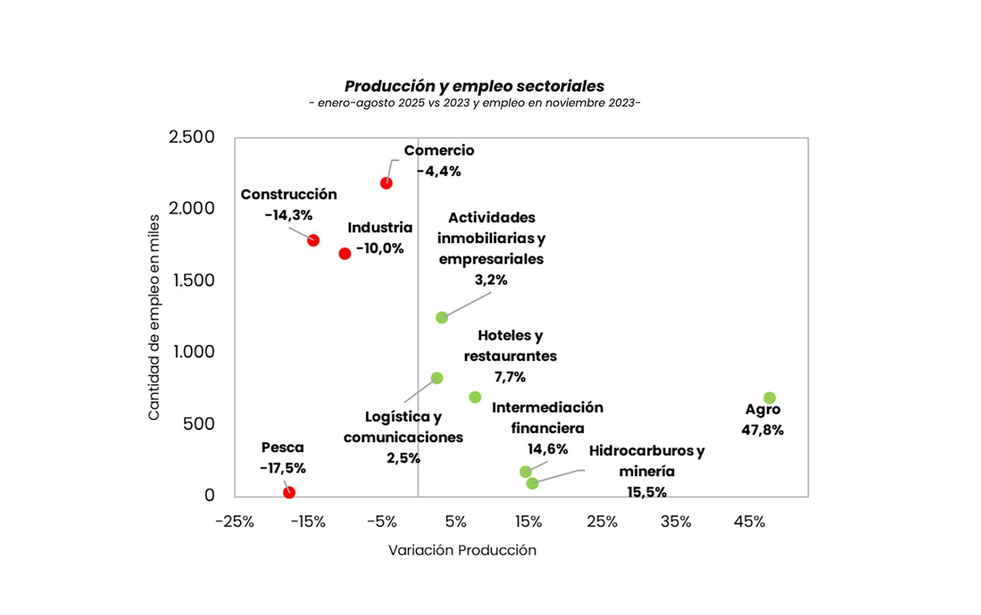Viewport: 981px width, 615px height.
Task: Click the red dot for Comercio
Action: click(x=386, y=183)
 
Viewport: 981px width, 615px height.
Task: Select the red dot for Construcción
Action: click(x=313, y=240)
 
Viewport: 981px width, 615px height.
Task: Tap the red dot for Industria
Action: click(x=345, y=253)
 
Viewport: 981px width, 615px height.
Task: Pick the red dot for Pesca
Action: click(x=289, y=492)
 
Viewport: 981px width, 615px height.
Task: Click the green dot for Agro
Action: click(x=769, y=398)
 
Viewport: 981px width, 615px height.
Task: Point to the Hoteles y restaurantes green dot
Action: click(x=475, y=397)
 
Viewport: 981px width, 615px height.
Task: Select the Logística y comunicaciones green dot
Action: click(x=437, y=378)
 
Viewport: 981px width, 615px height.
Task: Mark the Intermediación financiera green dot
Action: click(x=525, y=471)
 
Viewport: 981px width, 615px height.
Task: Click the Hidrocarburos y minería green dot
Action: click(x=532, y=483)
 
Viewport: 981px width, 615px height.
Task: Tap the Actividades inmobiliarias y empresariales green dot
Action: click(x=442, y=318)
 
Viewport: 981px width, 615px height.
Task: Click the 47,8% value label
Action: click(x=762, y=430)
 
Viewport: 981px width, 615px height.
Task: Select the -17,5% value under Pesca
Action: click(x=283, y=468)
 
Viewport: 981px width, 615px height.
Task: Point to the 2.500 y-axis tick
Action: click(x=192, y=137)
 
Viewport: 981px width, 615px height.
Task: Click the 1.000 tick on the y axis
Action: click(x=194, y=352)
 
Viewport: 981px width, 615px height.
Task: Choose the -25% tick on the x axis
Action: click(x=235, y=522)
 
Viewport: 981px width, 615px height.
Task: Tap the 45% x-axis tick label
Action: click(x=749, y=522)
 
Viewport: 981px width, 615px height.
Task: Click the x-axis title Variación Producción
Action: click(x=462, y=550)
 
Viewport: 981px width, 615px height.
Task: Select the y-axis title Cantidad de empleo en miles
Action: click(x=154, y=317)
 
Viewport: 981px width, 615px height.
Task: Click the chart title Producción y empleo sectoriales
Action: click(x=474, y=86)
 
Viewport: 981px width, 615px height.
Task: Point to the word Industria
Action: click(x=380, y=227)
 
